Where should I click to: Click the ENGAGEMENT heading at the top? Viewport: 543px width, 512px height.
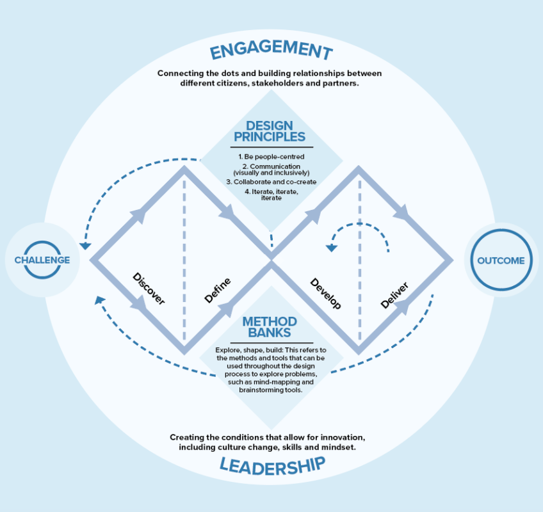pos(271,51)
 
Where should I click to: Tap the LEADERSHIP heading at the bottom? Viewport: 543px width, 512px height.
pos(271,465)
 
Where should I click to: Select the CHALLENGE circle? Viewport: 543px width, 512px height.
pos(42,260)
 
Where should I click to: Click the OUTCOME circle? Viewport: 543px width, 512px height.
pos(501,260)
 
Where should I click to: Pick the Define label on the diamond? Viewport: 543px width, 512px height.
pos(218,290)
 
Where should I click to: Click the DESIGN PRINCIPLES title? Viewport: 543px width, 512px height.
pos(271,131)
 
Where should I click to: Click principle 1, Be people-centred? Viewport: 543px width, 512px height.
pos(271,157)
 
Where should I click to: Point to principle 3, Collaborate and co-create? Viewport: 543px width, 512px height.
pos(271,182)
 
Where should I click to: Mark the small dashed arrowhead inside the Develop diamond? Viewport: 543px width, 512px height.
pos(332,248)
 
